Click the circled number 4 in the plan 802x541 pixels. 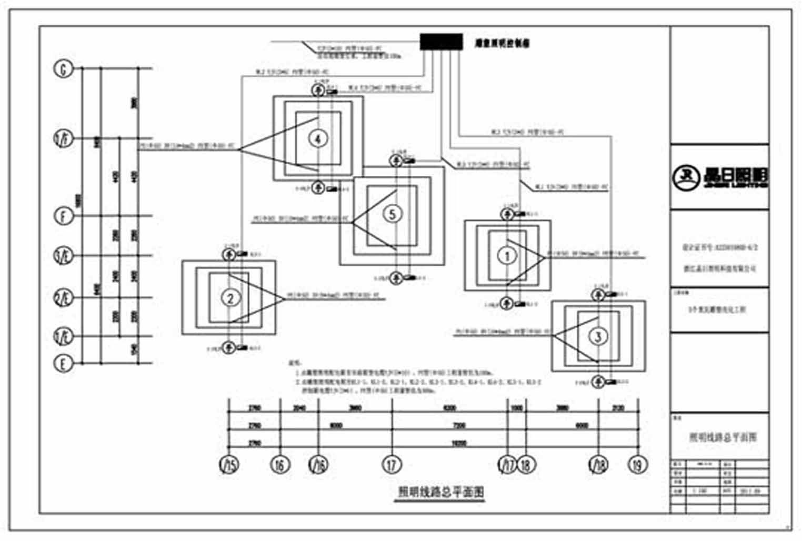318,139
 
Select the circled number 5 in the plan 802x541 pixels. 392,214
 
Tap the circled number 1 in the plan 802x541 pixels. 507,256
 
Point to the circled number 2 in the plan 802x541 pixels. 230,298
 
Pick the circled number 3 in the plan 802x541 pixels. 598,336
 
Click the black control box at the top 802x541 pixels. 441,42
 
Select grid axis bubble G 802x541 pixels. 64,69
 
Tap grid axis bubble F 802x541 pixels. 64,216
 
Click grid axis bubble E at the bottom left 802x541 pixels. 64,363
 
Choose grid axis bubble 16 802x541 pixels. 280,465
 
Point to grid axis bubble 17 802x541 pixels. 392,465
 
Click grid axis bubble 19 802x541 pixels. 638,465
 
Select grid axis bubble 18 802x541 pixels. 525,465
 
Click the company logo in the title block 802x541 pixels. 720,177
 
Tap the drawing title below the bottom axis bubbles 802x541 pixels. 440,492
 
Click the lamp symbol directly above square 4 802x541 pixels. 318,91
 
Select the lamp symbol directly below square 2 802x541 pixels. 229,347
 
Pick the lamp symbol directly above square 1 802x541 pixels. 507,214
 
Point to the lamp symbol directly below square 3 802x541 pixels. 598,382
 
